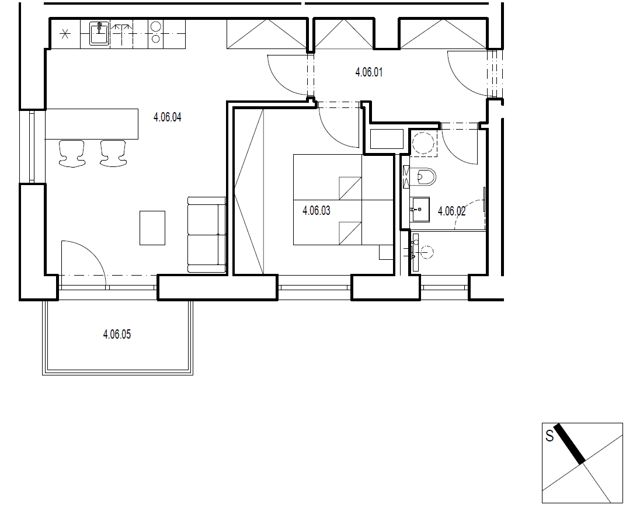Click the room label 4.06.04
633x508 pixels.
click(x=167, y=117)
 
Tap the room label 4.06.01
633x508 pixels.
click(x=368, y=73)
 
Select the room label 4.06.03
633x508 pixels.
click(x=316, y=211)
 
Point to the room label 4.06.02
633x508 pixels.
click(x=451, y=211)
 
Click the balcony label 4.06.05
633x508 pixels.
click(x=117, y=335)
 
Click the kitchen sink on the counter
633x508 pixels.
click(x=99, y=34)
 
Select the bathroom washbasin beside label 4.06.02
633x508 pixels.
click(x=419, y=209)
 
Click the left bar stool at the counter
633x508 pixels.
click(x=72, y=154)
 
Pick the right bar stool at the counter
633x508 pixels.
click(x=113, y=154)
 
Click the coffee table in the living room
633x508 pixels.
click(x=152, y=228)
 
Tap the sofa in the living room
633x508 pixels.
click(x=207, y=235)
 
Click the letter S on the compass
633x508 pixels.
click(x=549, y=436)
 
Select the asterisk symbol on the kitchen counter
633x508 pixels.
click(x=65, y=34)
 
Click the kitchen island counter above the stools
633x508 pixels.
click(x=92, y=124)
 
